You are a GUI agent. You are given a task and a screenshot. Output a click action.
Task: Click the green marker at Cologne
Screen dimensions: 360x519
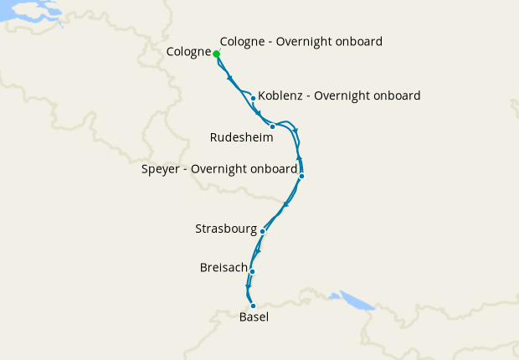[216, 54]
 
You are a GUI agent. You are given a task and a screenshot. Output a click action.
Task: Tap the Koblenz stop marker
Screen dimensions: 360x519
[253, 98]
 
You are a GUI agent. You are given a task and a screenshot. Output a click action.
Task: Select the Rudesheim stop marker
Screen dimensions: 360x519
[272, 126]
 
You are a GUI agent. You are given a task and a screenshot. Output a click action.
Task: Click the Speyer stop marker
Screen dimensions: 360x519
[301, 176]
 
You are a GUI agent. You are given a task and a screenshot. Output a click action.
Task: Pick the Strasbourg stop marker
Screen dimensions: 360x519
[263, 231]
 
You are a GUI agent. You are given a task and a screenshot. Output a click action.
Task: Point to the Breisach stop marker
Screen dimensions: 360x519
[251, 271]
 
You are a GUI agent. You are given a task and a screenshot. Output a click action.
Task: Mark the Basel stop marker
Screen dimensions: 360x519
[253, 306]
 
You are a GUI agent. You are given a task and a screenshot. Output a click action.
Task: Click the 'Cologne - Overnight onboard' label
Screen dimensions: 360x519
[301, 41]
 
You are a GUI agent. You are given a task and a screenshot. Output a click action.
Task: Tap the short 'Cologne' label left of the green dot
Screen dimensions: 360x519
[188, 52]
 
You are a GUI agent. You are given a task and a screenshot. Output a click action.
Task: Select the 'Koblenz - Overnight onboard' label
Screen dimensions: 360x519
[339, 95]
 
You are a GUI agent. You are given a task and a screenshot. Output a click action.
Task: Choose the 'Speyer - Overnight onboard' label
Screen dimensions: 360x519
[219, 169]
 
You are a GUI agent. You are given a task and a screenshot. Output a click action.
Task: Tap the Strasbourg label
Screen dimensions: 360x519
[227, 228]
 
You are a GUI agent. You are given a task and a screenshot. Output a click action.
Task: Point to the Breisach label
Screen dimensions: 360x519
[224, 268]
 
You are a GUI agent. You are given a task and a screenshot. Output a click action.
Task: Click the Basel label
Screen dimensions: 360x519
[254, 317]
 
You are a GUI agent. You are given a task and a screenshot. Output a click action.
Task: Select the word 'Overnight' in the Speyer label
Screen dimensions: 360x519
[221, 169]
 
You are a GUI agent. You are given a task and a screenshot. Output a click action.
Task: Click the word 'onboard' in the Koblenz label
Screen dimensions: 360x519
[396, 95]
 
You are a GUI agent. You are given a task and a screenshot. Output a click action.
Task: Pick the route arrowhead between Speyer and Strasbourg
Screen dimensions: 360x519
[286, 203]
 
